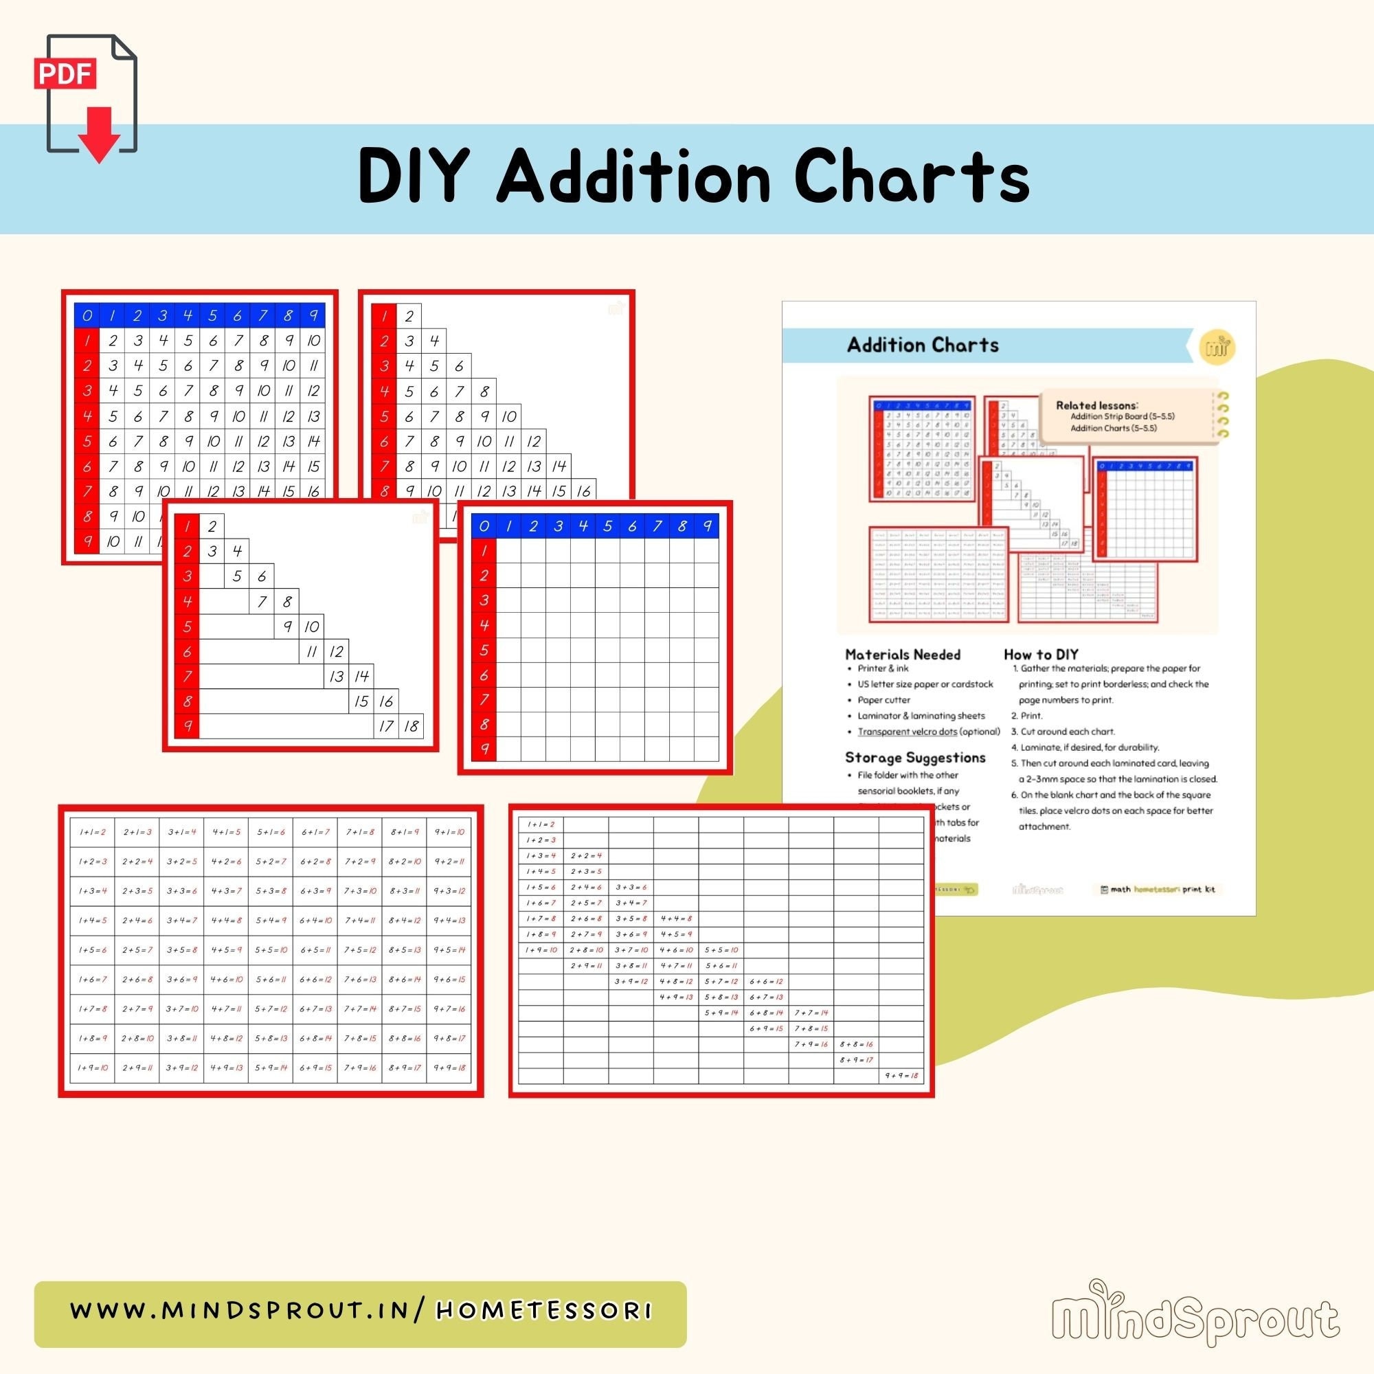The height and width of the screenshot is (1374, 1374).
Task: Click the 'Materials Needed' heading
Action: pyautogui.click(x=903, y=654)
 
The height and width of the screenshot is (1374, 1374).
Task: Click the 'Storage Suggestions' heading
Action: pyautogui.click(x=914, y=757)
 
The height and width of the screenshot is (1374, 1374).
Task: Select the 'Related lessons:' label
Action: pyautogui.click(x=1096, y=405)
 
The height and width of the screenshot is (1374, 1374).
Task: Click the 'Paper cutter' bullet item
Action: pyautogui.click(x=884, y=700)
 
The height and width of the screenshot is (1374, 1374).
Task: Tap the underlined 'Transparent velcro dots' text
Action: pyautogui.click(x=907, y=732)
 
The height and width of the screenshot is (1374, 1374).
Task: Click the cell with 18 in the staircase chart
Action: pyautogui.click(x=411, y=726)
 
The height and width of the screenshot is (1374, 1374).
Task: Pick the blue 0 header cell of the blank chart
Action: pyautogui.click(x=484, y=526)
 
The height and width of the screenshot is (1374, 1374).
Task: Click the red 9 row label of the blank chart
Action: pyautogui.click(x=484, y=749)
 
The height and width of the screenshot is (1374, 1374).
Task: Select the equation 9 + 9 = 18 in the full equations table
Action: pyautogui.click(x=449, y=1068)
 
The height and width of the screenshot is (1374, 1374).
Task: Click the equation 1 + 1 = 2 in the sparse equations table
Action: pyautogui.click(x=541, y=824)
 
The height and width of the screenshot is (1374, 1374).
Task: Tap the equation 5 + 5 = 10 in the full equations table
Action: pyautogui.click(x=271, y=949)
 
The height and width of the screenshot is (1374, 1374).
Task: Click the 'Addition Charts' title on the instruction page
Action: pyautogui.click(x=923, y=346)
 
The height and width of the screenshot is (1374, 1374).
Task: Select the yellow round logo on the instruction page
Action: pyautogui.click(x=1217, y=347)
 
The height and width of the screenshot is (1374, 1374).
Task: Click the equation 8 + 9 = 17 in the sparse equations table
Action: pyautogui.click(x=856, y=1059)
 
